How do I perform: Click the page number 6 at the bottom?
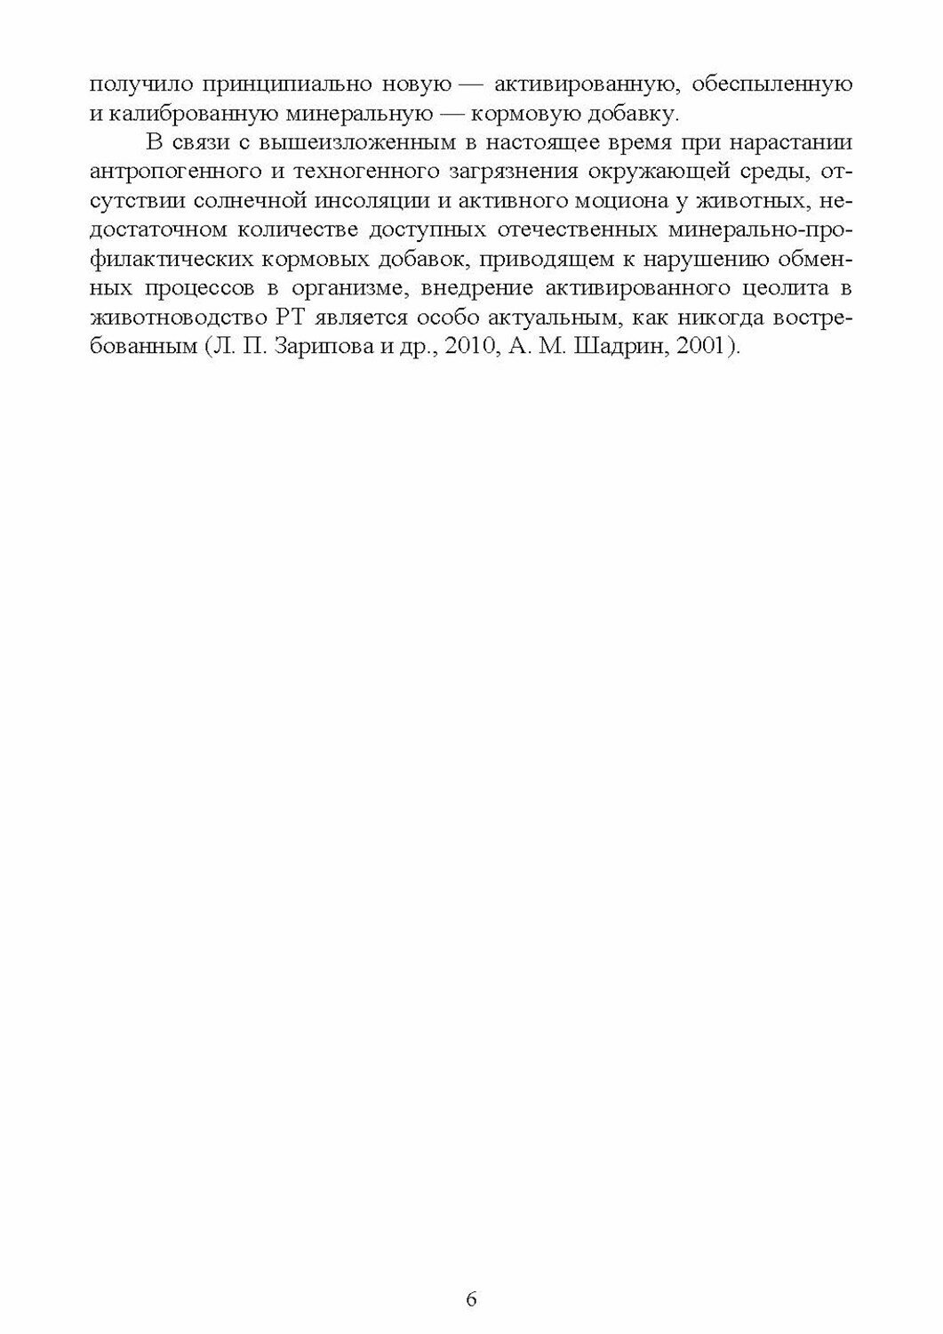[471, 1298]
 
